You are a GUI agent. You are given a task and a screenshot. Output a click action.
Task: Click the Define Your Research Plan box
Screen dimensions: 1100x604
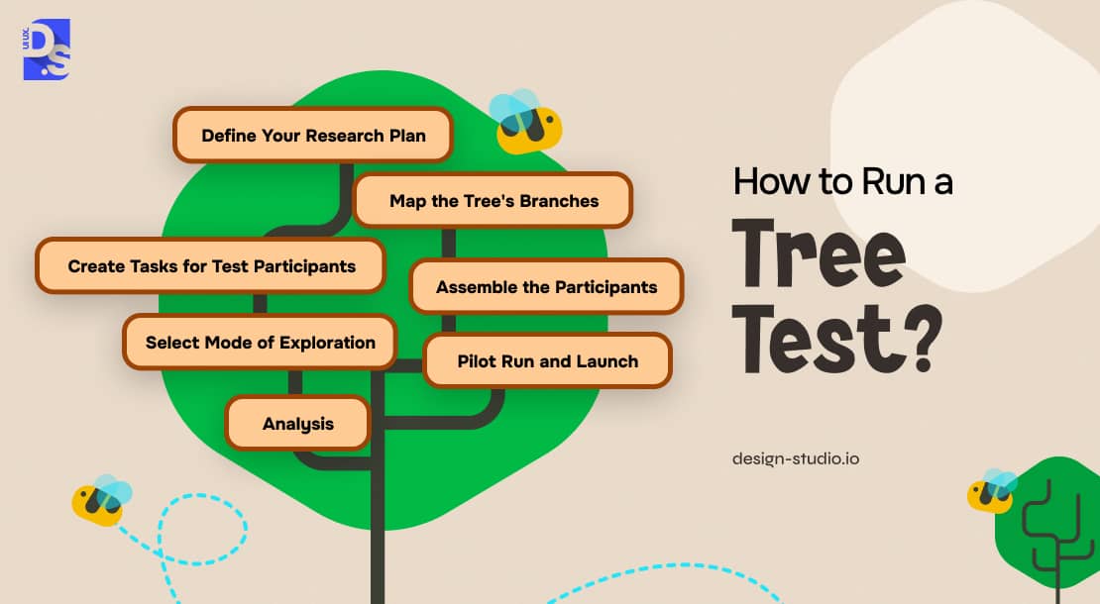313,135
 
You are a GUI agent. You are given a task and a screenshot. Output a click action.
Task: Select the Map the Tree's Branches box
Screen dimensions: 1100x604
494,200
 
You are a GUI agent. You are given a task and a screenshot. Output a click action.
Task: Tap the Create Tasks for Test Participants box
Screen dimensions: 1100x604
210,265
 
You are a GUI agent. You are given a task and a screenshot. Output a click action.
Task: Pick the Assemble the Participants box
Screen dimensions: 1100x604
546,286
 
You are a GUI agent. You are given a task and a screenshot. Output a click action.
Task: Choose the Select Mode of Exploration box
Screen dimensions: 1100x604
260,342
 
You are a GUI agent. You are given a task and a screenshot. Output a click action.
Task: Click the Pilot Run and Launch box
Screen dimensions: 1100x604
548,360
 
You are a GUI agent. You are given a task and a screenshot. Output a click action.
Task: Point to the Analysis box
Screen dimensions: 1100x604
297,423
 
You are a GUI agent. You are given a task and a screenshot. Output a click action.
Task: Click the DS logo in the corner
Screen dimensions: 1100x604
47,50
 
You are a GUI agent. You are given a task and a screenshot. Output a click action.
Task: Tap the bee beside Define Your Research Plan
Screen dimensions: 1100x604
525,122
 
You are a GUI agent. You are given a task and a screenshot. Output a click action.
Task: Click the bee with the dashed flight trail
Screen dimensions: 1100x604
101,500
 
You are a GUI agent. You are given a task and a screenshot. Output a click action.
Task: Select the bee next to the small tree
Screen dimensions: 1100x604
991,490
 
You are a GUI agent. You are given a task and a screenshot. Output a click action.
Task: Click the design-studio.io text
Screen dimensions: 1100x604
796,459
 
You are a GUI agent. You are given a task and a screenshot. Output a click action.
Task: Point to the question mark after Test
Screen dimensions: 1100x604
919,338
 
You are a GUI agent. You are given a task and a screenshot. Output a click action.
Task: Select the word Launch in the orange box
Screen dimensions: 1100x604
606,360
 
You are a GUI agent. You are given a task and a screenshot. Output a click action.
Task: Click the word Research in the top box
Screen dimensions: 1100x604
345,136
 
